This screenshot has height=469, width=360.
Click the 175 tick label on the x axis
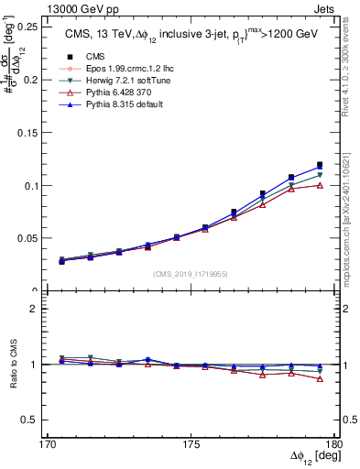[x=191, y=445]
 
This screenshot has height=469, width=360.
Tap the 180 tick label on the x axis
[x=334, y=445]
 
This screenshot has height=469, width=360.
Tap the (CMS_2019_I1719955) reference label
[x=191, y=272]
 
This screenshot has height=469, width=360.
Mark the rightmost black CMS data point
[x=320, y=165]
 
